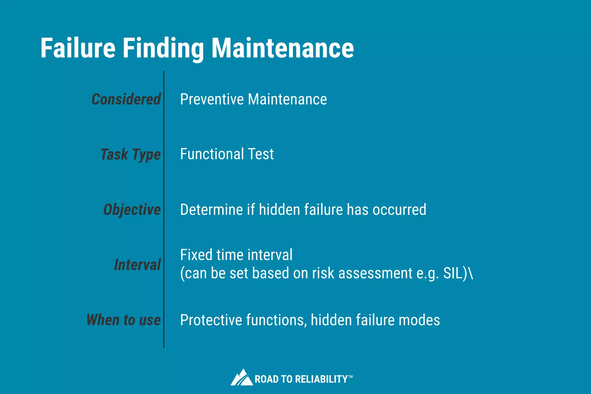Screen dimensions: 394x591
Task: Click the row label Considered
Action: coord(126,99)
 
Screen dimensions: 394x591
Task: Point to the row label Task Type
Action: coord(130,154)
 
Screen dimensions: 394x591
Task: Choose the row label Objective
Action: coord(132,210)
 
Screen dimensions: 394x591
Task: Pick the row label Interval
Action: coord(137,265)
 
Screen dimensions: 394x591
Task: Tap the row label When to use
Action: coord(124,320)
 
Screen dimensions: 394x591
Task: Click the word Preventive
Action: coord(212,99)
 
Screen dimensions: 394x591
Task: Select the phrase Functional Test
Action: coord(227,154)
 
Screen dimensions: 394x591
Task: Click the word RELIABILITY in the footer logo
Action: coord(321,379)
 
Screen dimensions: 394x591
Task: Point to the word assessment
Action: coord(375,273)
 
